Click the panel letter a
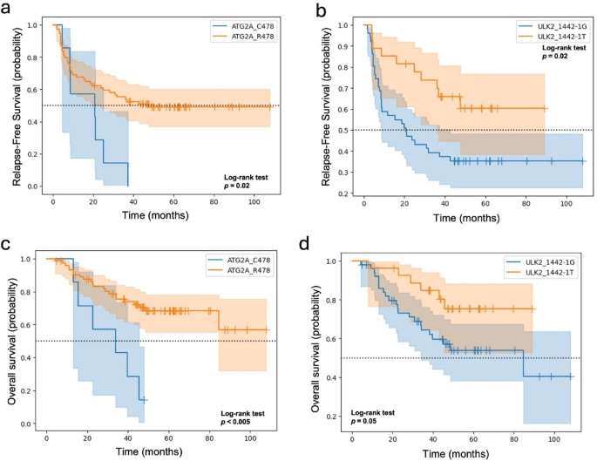tap(8, 10)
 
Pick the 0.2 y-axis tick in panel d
tap(334, 417)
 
